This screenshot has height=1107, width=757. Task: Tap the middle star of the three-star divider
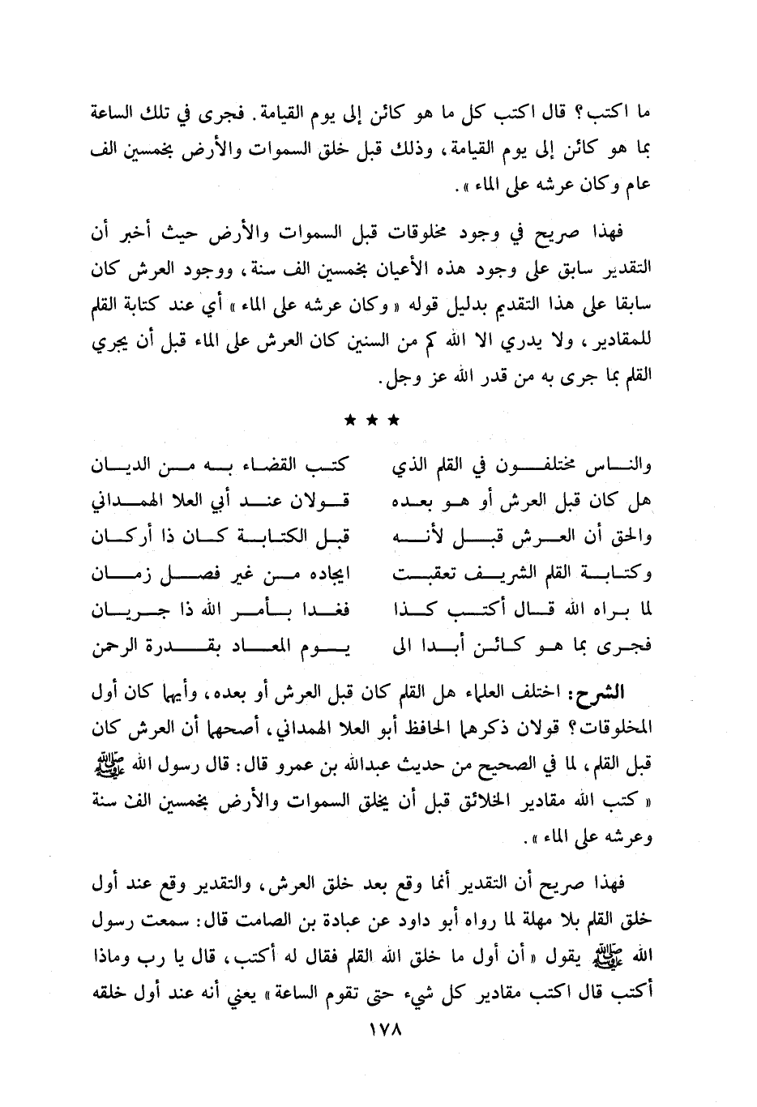[x=372, y=420]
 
